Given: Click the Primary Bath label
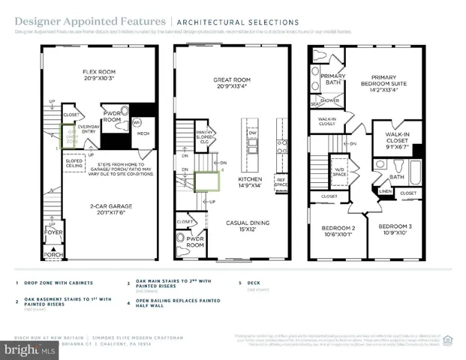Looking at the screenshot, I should pos(332,79).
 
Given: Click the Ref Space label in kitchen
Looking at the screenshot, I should pos(282,181).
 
